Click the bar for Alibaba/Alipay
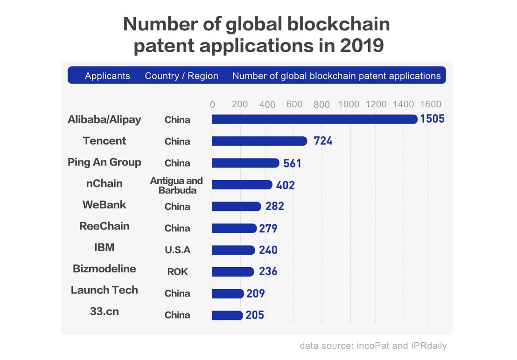click(x=314, y=119)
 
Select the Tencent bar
click(x=259, y=141)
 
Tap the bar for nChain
click(x=242, y=185)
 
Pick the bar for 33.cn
click(x=227, y=315)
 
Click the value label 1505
click(x=432, y=119)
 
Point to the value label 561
click(x=293, y=163)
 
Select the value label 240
click(x=268, y=250)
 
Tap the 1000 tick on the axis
click(x=349, y=104)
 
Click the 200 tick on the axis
click(x=240, y=104)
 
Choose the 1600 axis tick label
click(x=430, y=104)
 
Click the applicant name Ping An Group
click(x=105, y=162)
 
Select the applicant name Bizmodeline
click(x=105, y=269)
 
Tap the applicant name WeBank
click(x=105, y=205)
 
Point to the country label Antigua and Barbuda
click(x=177, y=185)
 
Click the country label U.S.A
click(x=177, y=250)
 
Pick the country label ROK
click(x=177, y=271)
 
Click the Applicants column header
click(x=107, y=76)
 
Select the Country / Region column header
click(x=182, y=76)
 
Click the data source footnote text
click(x=373, y=346)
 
